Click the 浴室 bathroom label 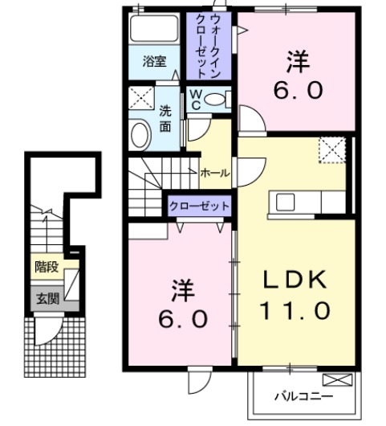click(x=155, y=61)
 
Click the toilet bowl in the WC click(x=214, y=100)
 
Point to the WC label click(x=195, y=99)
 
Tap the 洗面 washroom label click(x=165, y=118)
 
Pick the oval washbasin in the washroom click(x=140, y=133)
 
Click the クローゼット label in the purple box click(x=199, y=206)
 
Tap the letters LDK click(x=295, y=280)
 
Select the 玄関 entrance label click(x=45, y=299)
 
